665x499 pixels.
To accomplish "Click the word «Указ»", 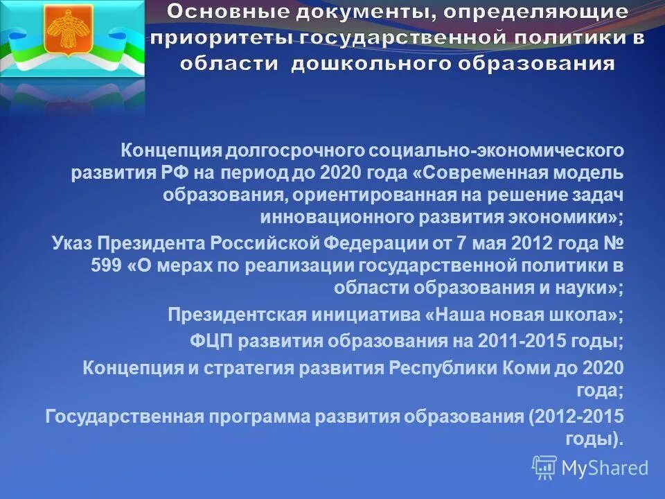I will pos(71,243).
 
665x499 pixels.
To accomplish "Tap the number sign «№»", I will pos(613,243).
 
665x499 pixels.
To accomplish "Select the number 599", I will pos(107,265).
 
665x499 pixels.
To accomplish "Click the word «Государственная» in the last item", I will pos(124,416).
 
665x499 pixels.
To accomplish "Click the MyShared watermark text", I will pos(604,468).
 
